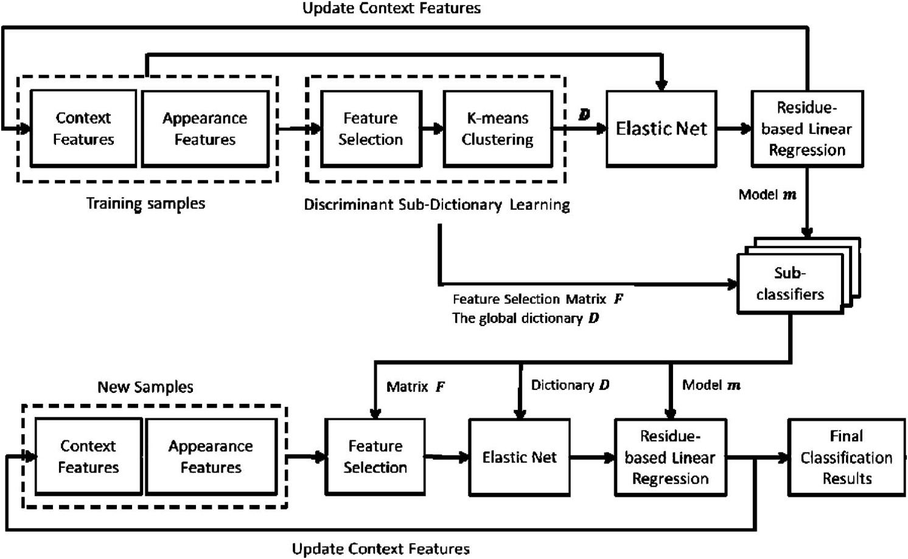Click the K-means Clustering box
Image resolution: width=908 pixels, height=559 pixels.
point(498,128)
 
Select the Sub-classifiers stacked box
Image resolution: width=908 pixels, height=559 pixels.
point(790,283)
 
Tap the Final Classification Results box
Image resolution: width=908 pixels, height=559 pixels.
point(846,457)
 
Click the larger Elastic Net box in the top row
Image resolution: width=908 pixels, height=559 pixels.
point(661,128)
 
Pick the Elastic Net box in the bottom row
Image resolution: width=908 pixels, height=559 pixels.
point(519,457)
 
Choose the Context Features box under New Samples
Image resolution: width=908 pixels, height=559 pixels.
point(88,457)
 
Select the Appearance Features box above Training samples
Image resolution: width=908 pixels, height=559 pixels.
point(205,128)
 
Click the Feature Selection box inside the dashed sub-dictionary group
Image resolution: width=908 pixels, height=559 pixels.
point(371,128)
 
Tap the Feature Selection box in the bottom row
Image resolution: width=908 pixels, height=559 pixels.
point(375,457)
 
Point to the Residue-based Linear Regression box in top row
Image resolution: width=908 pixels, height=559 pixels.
point(806,128)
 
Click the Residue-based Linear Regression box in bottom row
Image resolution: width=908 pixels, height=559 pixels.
point(670,457)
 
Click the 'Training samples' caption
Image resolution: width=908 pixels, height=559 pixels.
point(145,203)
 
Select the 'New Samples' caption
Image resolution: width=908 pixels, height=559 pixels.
point(145,387)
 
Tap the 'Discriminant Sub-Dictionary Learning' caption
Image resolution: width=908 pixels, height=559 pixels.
point(436,205)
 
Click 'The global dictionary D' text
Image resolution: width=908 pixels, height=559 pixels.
point(525,318)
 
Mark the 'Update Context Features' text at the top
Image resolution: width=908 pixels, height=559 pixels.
point(391,9)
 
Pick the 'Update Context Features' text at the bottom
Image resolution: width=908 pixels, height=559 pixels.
point(381,549)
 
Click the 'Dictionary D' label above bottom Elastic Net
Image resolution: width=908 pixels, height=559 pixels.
point(570,385)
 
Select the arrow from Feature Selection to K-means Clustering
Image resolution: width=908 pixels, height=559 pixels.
point(433,129)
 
